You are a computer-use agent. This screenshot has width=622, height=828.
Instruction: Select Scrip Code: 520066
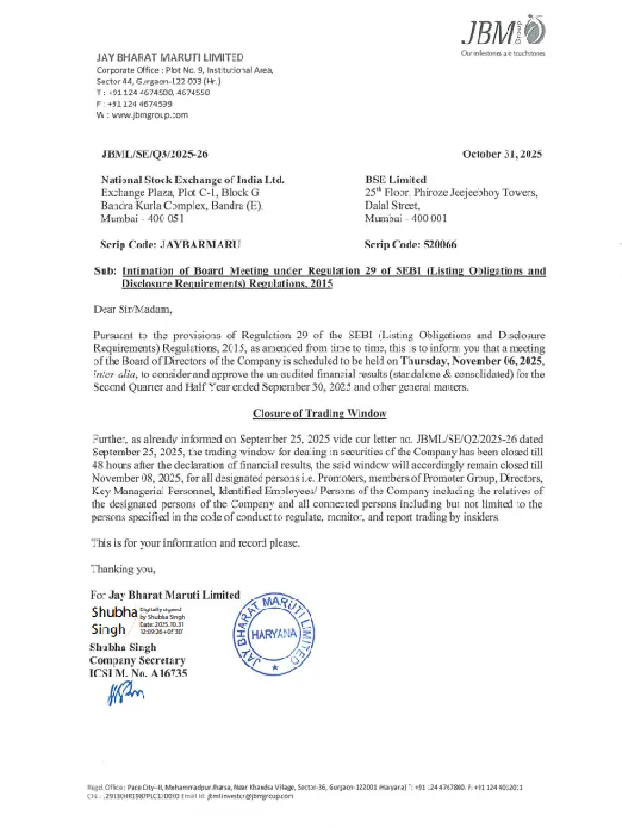(x=410, y=245)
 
